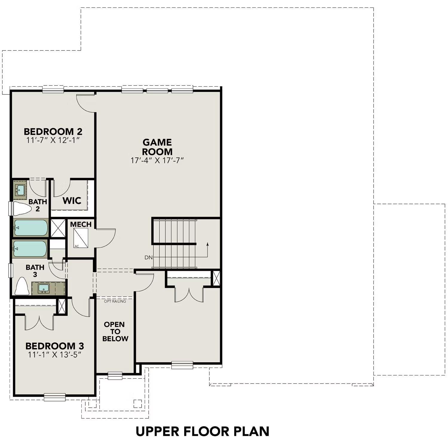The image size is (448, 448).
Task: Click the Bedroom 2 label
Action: (53, 131)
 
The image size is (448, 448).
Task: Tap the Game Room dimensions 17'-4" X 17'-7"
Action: (157, 160)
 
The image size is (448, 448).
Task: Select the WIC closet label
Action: (72, 200)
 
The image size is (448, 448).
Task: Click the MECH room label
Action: (81, 224)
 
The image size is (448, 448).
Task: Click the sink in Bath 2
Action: (20, 190)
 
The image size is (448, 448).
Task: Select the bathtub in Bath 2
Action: (30, 228)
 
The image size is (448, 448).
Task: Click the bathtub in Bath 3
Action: (30, 248)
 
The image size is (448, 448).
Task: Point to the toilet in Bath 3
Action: (22, 286)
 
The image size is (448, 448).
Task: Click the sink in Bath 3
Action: (44, 288)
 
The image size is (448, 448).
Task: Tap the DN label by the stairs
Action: (148, 257)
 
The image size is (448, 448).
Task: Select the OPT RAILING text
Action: (115, 301)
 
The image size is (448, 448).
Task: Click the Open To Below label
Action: (115, 332)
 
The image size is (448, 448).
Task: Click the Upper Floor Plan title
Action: (202, 431)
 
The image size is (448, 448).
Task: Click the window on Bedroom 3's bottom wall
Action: (54, 397)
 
